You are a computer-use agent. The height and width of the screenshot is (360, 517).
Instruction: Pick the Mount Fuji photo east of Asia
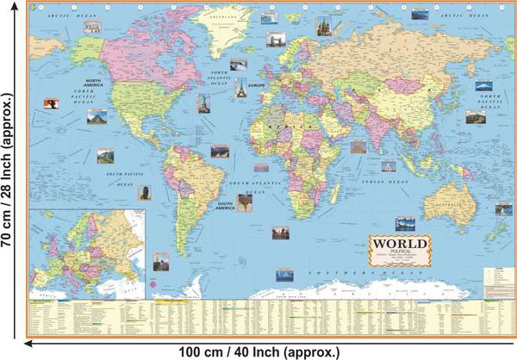click(x=483, y=88)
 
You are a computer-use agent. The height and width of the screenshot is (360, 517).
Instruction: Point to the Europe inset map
click(x=86, y=251)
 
